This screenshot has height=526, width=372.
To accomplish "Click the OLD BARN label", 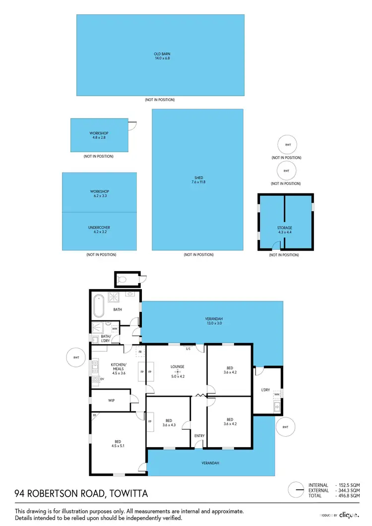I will point(160,56).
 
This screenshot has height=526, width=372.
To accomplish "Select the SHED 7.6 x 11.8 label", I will point(198,180).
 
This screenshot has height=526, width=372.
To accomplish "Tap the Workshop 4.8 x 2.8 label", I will point(99,135).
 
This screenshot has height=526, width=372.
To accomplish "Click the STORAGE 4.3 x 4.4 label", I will point(285,230).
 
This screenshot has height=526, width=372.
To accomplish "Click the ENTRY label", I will point(199,436).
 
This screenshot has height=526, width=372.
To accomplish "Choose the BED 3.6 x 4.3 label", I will point(169,422).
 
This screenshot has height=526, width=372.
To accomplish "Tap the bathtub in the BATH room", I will point(98,306).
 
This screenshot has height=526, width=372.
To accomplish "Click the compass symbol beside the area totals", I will point(296,490).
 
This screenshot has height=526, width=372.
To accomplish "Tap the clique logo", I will point(349,516).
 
